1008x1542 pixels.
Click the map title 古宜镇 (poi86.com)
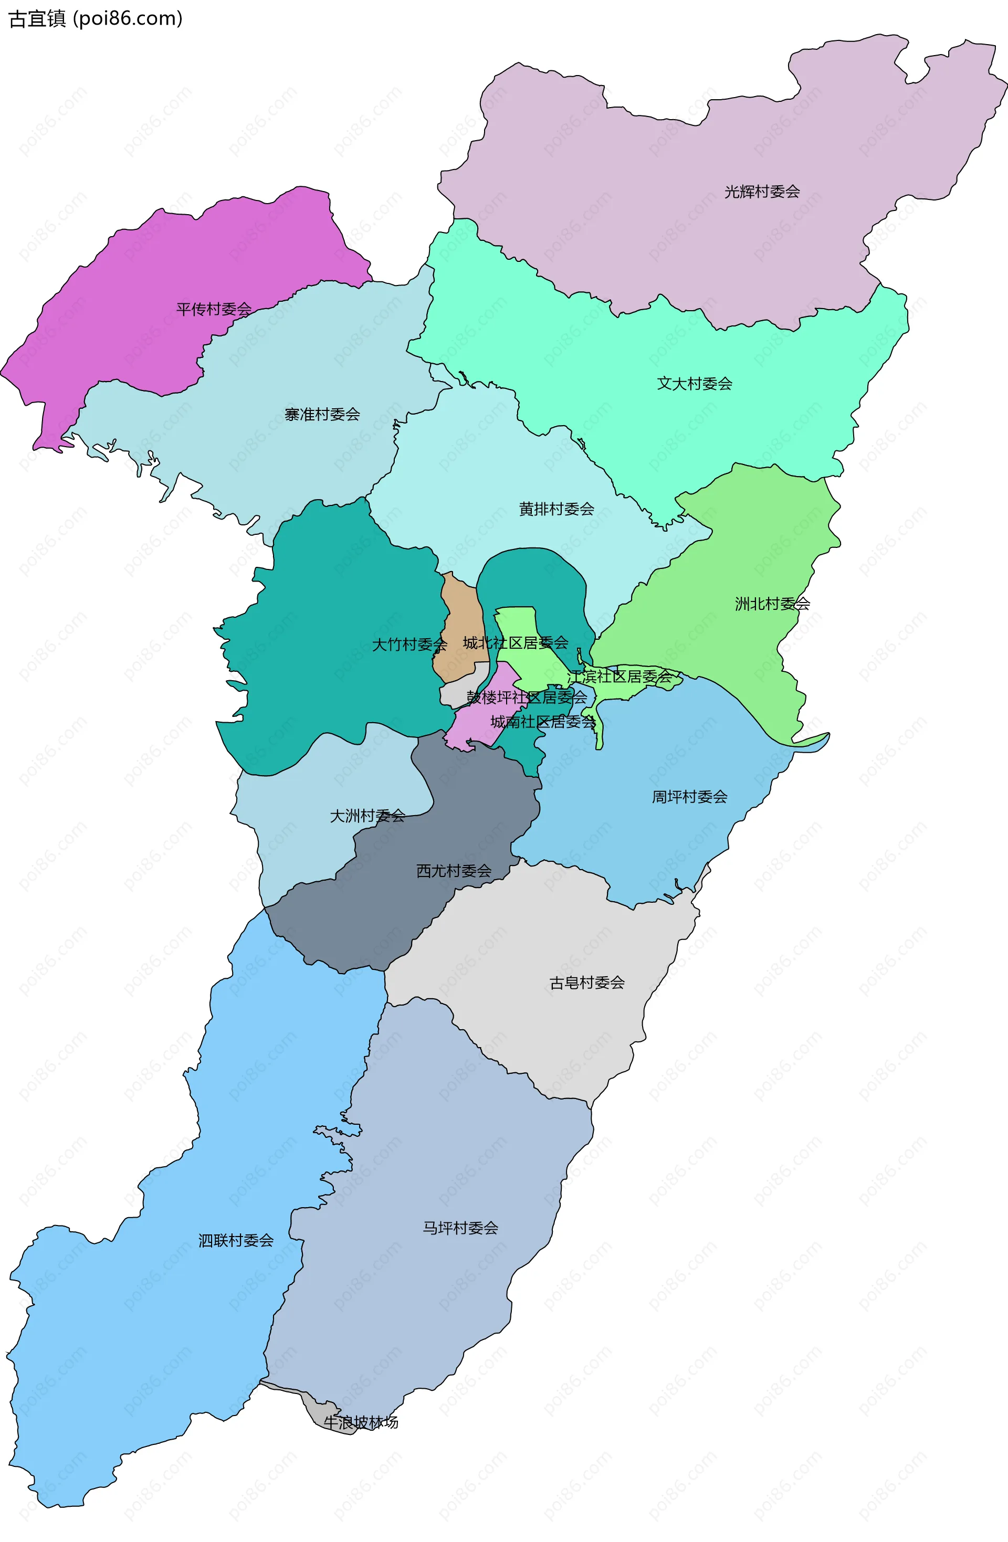pyautogui.click(x=96, y=19)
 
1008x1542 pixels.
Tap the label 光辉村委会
pyautogui.click(x=762, y=192)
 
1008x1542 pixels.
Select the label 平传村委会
pyautogui.click(x=214, y=309)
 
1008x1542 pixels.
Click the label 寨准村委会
pyautogui.click(x=322, y=414)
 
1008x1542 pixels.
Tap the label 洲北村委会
pyautogui.click(x=772, y=604)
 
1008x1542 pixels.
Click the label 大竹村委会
pyautogui.click(x=409, y=645)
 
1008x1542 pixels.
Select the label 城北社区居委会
pyautogui.click(x=516, y=643)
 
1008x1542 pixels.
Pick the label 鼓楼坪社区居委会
pyautogui.click(x=527, y=698)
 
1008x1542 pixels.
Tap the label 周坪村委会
pyautogui.click(x=689, y=797)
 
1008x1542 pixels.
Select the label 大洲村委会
pyautogui.click(x=367, y=816)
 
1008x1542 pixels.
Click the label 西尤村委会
pyautogui.click(x=454, y=871)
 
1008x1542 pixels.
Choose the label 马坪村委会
pyautogui.click(x=460, y=1228)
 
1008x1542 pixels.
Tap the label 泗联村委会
pyautogui.click(x=236, y=1241)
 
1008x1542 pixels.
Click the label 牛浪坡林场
pyautogui.click(x=361, y=1422)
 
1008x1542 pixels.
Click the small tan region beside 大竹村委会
pyautogui.click(x=461, y=622)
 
